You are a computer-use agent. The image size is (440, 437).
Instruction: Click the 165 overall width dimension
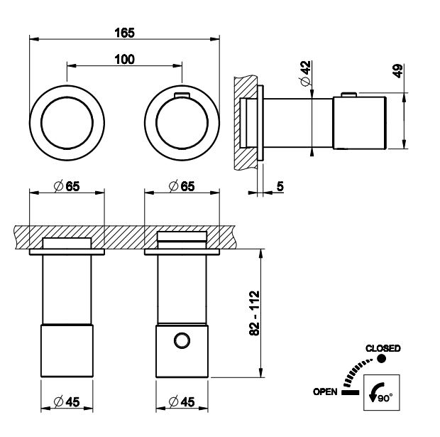pyautogui.click(x=125, y=33)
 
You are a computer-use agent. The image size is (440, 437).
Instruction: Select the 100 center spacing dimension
pyautogui.click(x=124, y=60)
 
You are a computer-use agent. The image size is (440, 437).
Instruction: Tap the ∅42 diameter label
pyautogui.click(x=305, y=73)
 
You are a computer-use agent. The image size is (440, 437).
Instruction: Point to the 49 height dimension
pyautogui.click(x=397, y=71)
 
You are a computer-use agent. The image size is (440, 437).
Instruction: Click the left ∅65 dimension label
pyautogui.click(x=66, y=186)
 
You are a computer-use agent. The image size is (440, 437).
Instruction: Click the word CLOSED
pyautogui.click(x=383, y=348)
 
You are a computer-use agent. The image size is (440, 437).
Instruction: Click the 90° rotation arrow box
pyautogui.click(x=380, y=392)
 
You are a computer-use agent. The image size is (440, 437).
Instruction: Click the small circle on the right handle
pyautogui.click(x=182, y=340)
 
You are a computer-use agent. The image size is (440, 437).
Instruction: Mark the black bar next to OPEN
pyautogui.click(x=350, y=392)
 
